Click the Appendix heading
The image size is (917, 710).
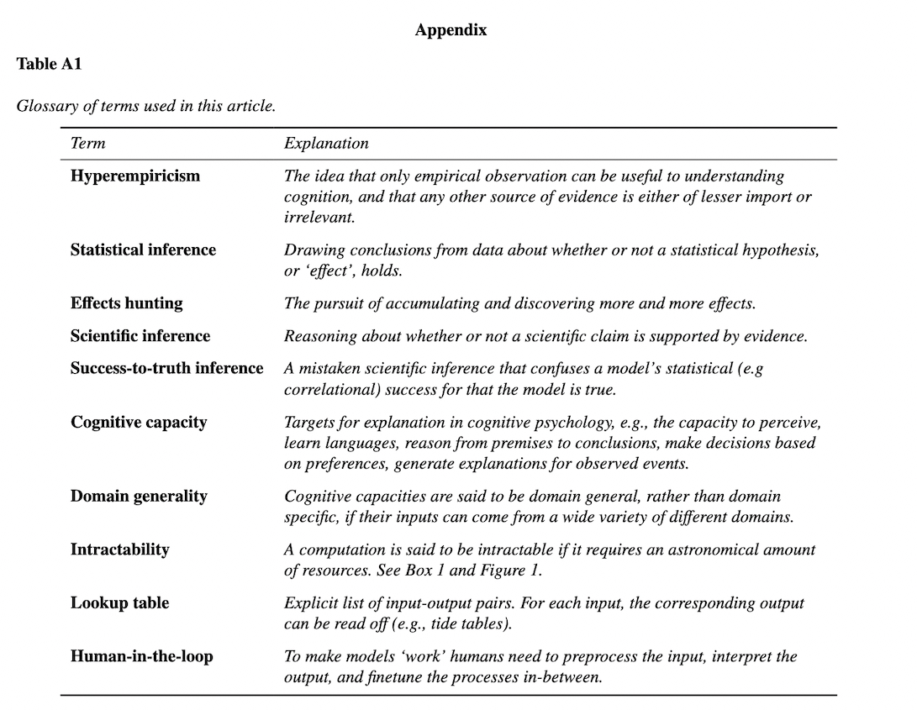(451, 30)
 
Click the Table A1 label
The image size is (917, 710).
(49, 64)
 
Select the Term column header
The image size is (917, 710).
(88, 143)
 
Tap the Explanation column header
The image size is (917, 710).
(326, 143)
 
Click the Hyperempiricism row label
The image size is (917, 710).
(135, 176)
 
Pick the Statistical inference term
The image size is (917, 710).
(143, 250)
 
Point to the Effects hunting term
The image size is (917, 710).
(126, 303)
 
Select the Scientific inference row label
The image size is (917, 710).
(140, 336)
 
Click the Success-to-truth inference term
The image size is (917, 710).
(166, 368)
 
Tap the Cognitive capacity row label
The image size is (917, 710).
(139, 422)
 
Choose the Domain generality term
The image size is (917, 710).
(139, 496)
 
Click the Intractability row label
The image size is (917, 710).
(119, 550)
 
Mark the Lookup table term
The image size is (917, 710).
(119, 603)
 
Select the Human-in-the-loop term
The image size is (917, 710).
(141, 656)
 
